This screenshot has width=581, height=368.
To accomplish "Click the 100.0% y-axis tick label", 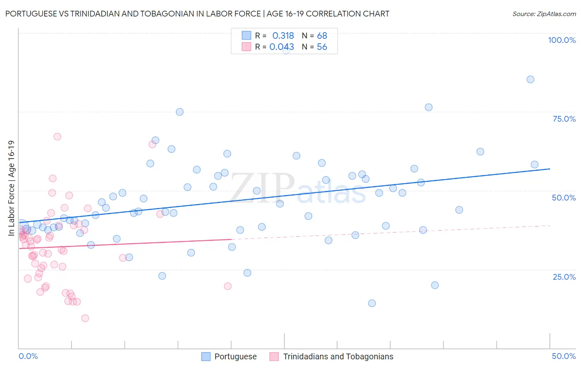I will point(562,40).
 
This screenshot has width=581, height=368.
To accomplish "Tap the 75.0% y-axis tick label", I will point(564,119).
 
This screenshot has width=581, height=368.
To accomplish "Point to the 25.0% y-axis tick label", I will point(564,277).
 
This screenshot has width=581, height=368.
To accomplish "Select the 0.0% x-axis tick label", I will point(28,356).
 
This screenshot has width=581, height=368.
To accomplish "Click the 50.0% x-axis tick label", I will point(564,356).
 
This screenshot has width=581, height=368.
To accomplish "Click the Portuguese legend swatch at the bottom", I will point(206,356).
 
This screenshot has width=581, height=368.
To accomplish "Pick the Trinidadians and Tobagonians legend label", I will point(338,356).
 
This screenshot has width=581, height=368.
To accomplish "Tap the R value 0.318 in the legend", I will point(283,35).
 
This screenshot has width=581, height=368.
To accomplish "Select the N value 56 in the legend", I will point(322,47).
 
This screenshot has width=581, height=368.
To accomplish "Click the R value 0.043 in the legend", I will point(282,47).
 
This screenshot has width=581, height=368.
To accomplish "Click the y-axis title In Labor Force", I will point(12,189).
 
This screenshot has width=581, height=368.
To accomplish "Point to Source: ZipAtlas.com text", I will point(544,14).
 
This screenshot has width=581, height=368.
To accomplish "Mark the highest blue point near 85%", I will point(530,79).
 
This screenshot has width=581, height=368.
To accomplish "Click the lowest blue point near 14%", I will point(371,303).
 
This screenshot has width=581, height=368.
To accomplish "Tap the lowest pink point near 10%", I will point(85,318).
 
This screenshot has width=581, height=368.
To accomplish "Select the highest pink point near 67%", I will point(57,137).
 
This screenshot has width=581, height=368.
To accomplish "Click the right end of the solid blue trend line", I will point(550,169).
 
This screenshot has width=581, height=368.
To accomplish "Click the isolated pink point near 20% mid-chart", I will point(227,286).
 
